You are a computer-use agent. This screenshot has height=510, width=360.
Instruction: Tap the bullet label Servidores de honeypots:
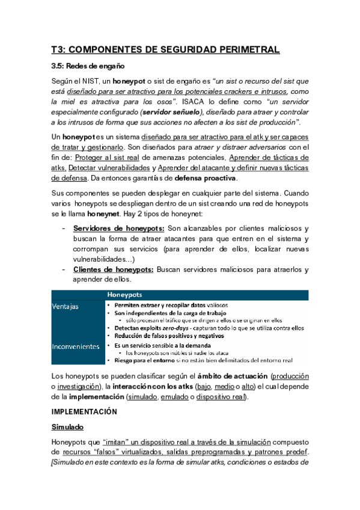(x=119, y=229)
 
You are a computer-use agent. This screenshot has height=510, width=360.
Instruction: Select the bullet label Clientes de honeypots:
(x=113, y=270)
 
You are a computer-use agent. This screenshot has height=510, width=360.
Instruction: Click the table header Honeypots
(x=124, y=295)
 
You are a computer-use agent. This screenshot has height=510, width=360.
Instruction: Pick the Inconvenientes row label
(x=76, y=346)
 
